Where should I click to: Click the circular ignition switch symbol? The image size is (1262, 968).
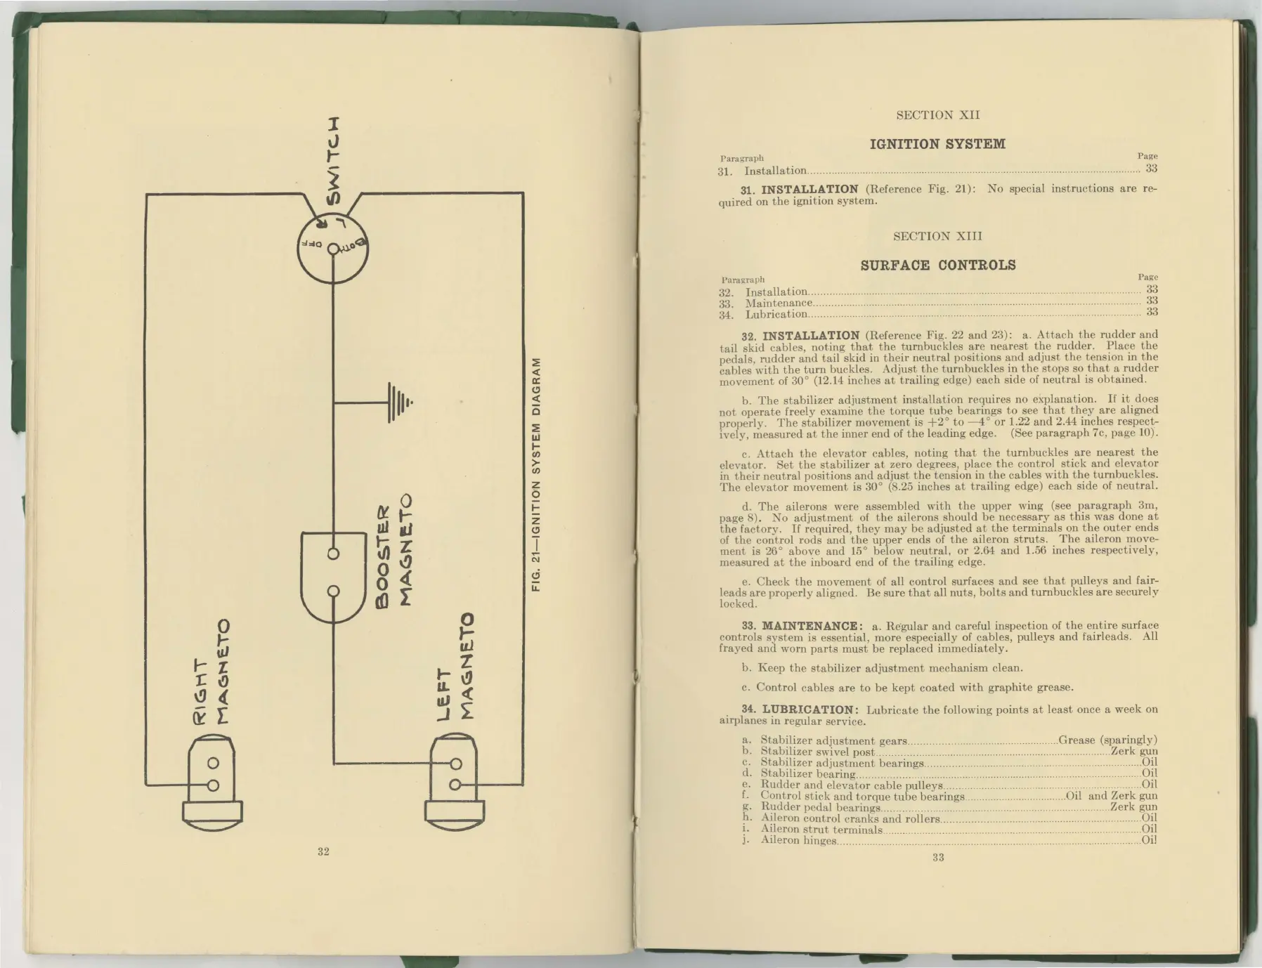coord(333,247)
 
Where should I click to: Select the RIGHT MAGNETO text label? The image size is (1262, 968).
coord(212,672)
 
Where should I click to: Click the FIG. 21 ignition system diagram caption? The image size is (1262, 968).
coord(536,474)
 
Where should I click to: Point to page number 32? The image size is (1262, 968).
coord(323,851)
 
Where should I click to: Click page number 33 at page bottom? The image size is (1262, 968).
coord(938,857)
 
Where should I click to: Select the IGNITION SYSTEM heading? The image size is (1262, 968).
coord(937,144)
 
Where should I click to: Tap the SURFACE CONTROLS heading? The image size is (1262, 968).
coord(938,265)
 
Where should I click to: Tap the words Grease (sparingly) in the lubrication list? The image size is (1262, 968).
coord(1107,740)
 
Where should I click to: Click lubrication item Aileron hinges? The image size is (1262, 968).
coord(798,840)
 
